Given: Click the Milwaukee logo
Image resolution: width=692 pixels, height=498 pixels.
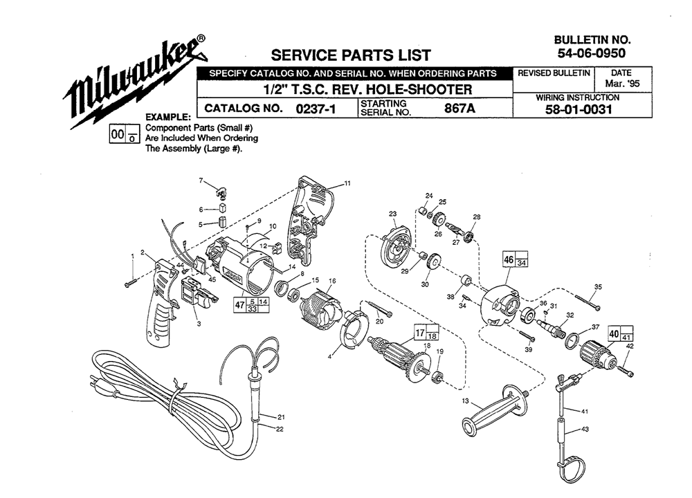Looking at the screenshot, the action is pos(136,81).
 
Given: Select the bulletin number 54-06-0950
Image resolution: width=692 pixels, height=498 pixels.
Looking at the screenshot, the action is pos(592,53).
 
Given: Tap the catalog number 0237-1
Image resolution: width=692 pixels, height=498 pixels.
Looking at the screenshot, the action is pos(316,109).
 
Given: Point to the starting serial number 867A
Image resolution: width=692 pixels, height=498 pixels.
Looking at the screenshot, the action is pos(459,108).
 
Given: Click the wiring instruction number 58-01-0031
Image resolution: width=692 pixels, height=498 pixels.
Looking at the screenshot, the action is pos(579,109).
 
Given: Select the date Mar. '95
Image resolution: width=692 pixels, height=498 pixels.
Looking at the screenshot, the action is pos(622,84).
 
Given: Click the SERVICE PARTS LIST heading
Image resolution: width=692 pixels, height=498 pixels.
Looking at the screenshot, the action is pos(351,55).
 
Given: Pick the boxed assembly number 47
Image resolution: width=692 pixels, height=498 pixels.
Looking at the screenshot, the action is pos(239,305).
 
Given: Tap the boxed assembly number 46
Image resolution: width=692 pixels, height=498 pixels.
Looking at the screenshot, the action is pos(509,259).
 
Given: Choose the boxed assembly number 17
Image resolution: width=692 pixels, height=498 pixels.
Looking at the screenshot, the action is pos(420,333).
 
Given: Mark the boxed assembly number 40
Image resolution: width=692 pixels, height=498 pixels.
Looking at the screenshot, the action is pos(614,334).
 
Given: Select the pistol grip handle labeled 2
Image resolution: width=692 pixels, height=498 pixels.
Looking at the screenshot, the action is pos(163,302).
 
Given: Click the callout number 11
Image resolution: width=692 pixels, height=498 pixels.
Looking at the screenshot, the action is pos(347,183).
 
